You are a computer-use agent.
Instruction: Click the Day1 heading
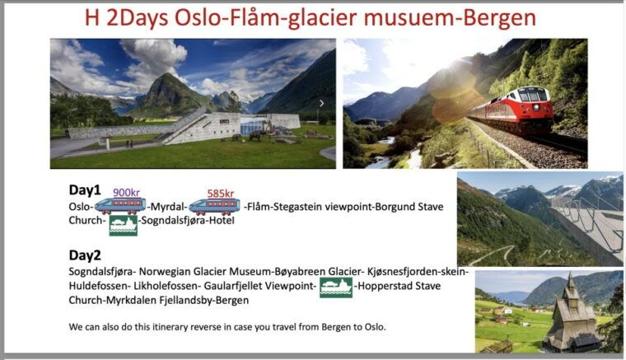85,189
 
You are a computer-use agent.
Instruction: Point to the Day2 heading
85,255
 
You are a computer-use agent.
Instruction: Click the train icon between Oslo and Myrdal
120,206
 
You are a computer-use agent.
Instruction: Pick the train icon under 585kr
214,206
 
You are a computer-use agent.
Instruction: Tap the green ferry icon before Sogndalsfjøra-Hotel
123,222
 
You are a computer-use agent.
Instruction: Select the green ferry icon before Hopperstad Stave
336,287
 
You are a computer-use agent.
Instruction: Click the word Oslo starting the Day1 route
80,207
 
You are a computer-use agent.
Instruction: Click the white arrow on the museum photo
322,103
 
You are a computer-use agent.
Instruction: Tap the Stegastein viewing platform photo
540,218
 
